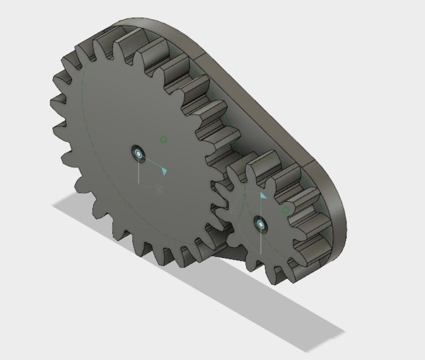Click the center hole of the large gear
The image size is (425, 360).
coord(138,152)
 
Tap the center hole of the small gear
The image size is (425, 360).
coord(260,223)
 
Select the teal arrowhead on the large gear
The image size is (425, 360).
coord(163,171)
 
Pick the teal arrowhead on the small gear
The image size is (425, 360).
coord(263,195)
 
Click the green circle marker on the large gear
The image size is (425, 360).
coord(163,139)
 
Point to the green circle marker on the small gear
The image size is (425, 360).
coord(285,210)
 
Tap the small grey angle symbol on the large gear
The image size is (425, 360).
coord(160,190)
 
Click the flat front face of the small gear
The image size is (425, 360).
coord(247,236)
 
